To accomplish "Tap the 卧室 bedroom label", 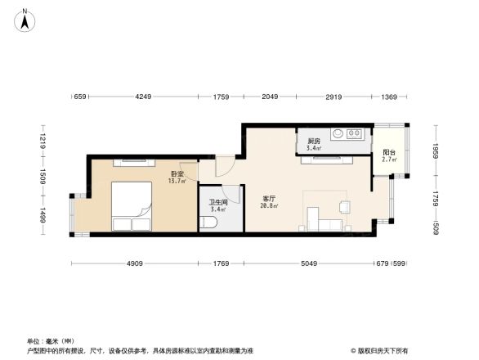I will pos(177,174).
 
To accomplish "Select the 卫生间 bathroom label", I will pos(217,203).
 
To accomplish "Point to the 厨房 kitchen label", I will pos(313,142).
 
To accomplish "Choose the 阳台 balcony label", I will pos(389,153).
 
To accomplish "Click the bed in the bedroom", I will pos(131,206).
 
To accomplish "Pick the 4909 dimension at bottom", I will pos(135,263).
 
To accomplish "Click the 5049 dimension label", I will pos(308,263).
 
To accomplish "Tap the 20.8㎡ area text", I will pos(269,206).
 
